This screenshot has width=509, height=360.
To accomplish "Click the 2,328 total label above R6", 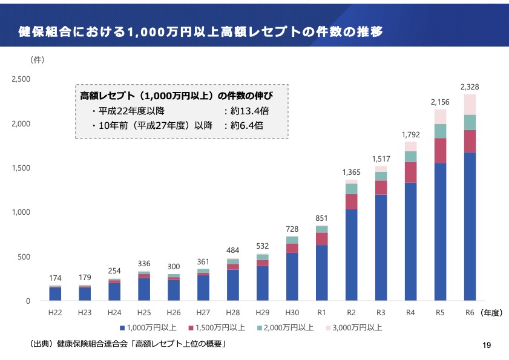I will [x=470, y=87].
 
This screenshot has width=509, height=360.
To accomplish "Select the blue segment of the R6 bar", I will [x=470, y=226].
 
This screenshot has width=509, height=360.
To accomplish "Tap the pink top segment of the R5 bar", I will [x=441, y=116].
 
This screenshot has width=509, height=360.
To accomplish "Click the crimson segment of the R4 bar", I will [x=411, y=172].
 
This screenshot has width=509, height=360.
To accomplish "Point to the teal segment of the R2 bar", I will [x=352, y=189].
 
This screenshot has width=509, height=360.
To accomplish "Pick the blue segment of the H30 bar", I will [x=292, y=277].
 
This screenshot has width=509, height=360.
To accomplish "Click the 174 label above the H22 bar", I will [x=55, y=278].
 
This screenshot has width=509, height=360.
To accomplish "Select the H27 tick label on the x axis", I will [x=203, y=313].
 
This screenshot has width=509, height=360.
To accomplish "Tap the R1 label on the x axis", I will [x=322, y=313].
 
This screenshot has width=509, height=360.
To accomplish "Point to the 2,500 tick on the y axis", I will [x=21, y=79].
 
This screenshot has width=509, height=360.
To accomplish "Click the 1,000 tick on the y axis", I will [x=21, y=212].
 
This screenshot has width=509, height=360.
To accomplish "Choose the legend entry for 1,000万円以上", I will [x=148, y=328].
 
